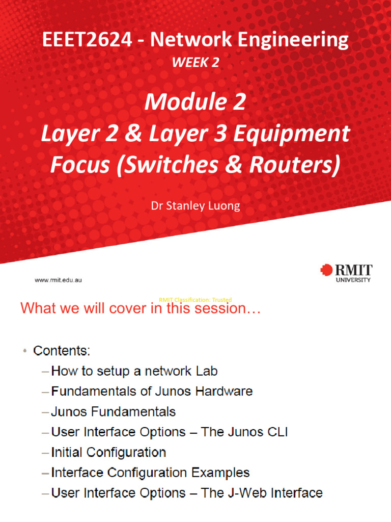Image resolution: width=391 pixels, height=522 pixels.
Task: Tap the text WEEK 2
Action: (195, 62)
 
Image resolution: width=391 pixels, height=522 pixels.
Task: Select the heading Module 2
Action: (195, 102)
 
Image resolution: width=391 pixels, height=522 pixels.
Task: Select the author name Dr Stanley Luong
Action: (195, 206)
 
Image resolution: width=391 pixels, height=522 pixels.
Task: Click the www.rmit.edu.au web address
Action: (59, 280)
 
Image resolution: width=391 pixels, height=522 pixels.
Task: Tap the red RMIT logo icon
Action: (326, 271)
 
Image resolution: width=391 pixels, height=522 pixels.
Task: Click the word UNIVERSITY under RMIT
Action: (353, 280)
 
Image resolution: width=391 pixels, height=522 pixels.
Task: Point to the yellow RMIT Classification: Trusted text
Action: (195, 300)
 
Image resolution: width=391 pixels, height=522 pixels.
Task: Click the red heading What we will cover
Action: (140, 308)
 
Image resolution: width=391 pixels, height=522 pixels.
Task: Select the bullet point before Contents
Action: (24, 351)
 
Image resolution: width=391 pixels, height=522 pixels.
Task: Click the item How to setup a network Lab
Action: (134, 371)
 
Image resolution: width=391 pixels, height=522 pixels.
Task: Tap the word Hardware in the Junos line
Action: (219, 391)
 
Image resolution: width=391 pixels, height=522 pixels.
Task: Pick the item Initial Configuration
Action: (108, 452)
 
